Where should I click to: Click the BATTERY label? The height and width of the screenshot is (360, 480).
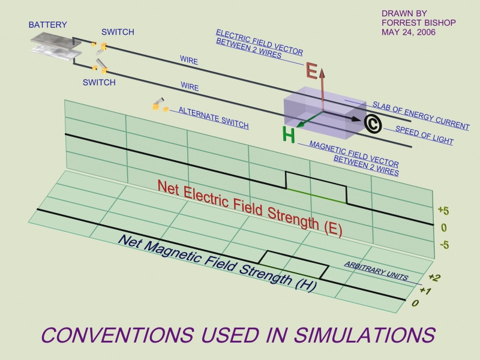(48, 25)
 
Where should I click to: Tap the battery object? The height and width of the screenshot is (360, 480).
(53, 46)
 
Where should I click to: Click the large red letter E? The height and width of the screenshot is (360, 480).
(311, 71)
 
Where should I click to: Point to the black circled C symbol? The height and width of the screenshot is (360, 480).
(373, 123)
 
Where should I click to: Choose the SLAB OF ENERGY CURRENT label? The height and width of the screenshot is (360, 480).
(421, 115)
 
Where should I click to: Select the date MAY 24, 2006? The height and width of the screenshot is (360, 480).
(409, 32)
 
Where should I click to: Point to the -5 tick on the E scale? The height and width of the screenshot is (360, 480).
(444, 244)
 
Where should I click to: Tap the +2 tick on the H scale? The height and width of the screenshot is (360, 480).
(434, 277)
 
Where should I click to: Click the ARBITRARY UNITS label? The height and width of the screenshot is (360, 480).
(376, 272)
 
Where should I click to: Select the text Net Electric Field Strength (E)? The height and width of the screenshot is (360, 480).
(250, 208)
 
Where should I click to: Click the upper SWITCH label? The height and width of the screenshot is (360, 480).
(118, 32)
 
